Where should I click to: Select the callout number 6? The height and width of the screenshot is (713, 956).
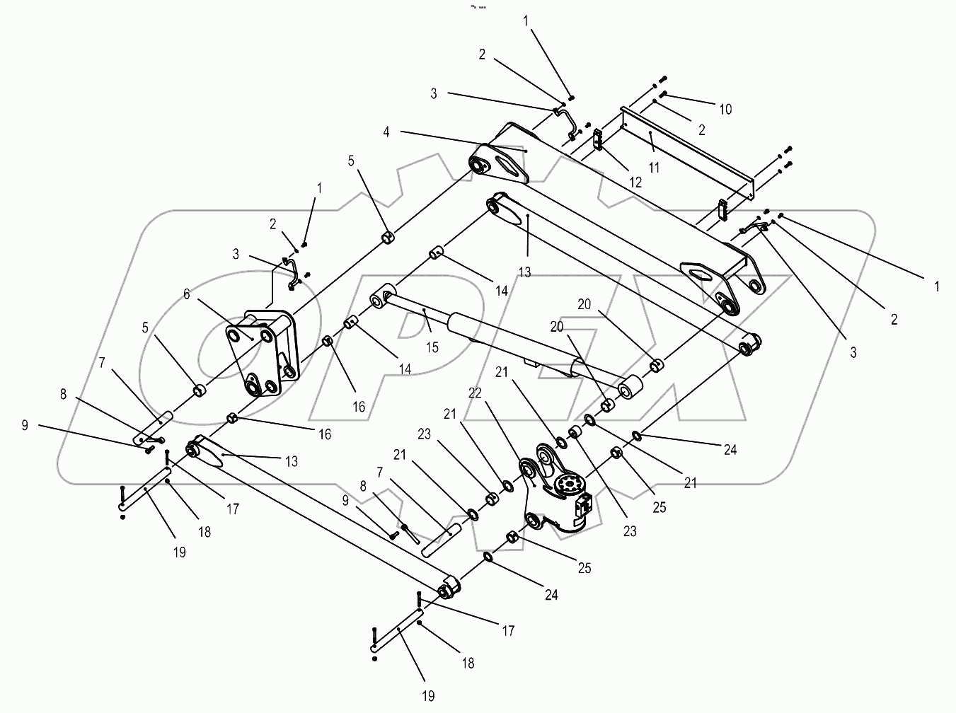click(187, 294)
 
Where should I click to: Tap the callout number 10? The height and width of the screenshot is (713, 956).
click(725, 110)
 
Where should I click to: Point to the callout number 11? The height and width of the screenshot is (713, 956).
click(654, 168)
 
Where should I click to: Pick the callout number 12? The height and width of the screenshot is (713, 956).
click(635, 182)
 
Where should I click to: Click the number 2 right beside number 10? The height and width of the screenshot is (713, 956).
click(701, 130)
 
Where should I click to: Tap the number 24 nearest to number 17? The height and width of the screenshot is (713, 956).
click(551, 596)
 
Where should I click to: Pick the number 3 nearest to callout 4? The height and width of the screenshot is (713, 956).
click(433, 93)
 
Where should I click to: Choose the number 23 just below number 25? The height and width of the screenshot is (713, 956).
click(630, 532)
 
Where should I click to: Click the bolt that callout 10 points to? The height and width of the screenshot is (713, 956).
click(664, 95)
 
